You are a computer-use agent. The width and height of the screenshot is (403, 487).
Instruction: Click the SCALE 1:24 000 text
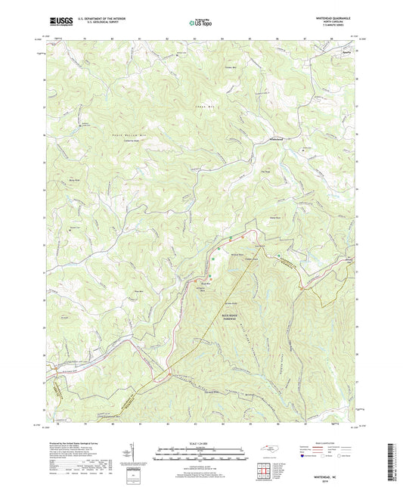click(x=201, y=442)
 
